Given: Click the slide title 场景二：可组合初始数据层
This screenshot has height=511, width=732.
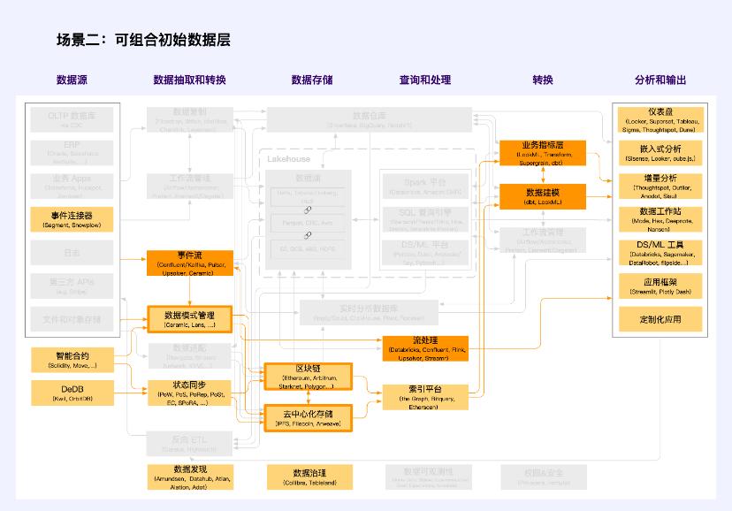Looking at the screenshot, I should pos(143,41).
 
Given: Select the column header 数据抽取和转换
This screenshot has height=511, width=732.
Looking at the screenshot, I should pos(189,80).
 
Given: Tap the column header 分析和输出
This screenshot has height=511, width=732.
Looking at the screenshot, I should pos(660,80).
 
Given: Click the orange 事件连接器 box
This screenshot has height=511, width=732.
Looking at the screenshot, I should pos(72,219).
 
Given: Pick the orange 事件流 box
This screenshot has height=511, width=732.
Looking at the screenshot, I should pos(189,263).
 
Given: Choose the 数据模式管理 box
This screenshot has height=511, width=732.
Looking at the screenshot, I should pos(189,319).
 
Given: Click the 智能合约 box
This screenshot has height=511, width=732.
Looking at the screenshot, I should pos(72,360).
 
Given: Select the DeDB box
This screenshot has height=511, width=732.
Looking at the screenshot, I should pos(72,393).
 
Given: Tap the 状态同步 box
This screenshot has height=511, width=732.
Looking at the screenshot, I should pos(189,393).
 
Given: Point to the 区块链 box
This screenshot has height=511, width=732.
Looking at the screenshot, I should pos(308,376).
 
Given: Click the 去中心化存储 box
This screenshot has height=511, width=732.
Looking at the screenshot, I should pos(308,417).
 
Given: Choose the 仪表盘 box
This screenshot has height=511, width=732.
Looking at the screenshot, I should pos(660,119).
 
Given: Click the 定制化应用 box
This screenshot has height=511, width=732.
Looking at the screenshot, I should pos(660,318).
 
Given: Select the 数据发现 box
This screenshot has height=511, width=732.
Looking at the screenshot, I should pos(189,476).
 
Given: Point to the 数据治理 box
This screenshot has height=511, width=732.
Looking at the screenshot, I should pos(308,477).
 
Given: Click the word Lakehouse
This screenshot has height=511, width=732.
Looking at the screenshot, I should pos(289,159).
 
